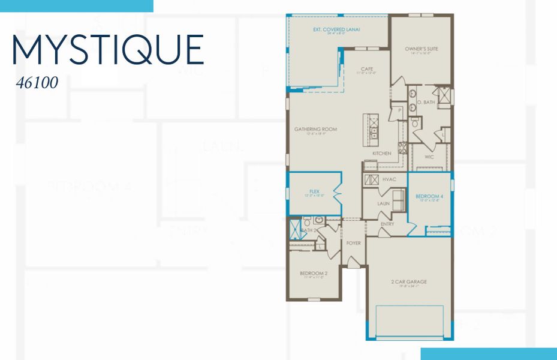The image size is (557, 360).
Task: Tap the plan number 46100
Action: (37, 83)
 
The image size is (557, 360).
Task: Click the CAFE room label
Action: (367, 69)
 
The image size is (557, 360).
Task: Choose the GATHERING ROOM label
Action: (315, 129)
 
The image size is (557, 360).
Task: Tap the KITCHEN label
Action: (381, 154)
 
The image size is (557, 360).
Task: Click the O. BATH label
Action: (426, 103)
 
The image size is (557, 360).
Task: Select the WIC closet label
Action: (429, 157)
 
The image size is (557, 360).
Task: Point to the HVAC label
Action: (388, 179)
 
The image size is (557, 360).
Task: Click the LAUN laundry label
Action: (384, 203)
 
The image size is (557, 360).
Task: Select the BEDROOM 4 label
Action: (429, 196)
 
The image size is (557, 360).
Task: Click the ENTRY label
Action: (387, 224)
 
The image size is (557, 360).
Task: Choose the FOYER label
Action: (354, 243)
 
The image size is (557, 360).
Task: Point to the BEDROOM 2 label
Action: (312, 274)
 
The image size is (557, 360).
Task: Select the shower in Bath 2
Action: (294, 228)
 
